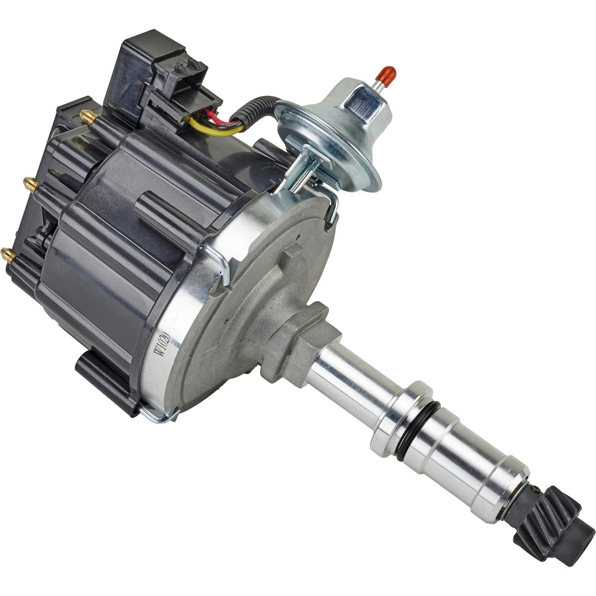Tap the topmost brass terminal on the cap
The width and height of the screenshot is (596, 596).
88,117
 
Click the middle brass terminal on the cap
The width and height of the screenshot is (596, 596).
31,184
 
